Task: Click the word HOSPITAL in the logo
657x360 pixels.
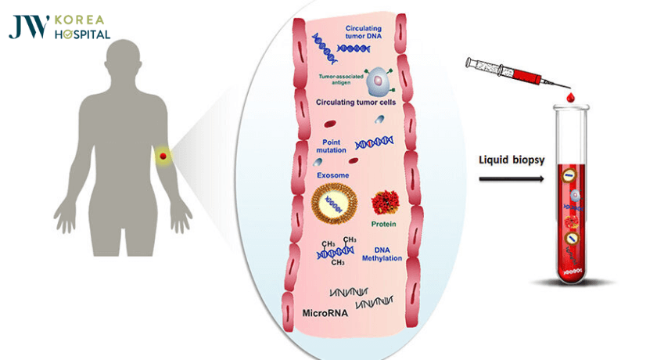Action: click(81, 35)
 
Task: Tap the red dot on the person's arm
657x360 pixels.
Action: click(163, 157)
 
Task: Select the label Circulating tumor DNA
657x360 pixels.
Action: click(371, 32)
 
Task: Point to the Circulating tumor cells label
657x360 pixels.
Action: click(356, 103)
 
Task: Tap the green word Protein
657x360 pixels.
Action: click(383, 225)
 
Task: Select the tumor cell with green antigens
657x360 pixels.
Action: click(378, 78)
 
